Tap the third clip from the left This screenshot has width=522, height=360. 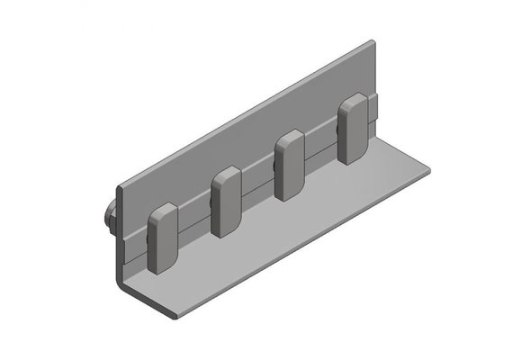(290, 166)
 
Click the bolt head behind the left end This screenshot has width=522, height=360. (110, 218)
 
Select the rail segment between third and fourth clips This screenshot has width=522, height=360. (321, 146)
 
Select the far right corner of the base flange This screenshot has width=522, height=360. (425, 168)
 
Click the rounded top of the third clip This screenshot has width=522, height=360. (291, 138)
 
